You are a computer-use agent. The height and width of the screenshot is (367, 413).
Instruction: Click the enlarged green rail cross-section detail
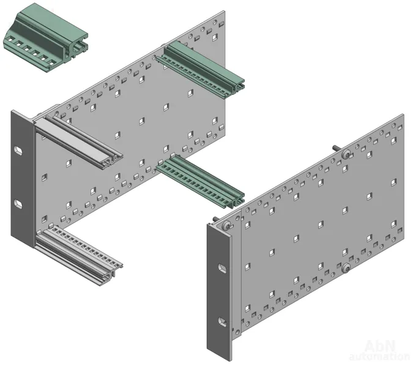pos(45,38)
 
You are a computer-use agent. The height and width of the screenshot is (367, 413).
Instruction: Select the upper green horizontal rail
pos(201,70)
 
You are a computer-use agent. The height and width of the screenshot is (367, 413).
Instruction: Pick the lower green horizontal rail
pos(201,182)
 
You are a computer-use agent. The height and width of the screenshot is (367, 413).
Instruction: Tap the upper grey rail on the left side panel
pos(78,142)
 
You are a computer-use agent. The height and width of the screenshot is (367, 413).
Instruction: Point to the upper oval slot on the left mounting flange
pos(18,151)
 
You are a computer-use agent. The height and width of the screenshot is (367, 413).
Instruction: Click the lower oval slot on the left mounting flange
pos(18,204)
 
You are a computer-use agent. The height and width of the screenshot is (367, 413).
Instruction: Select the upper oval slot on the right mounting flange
pos(222,268)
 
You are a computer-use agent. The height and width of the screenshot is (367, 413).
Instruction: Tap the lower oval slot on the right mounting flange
pos(222,322)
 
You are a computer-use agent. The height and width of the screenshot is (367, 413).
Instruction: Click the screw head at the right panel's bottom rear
pos(346,269)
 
